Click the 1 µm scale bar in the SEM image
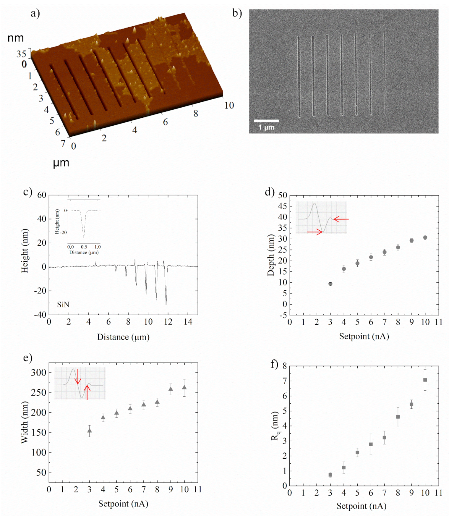pos(266,121)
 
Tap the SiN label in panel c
pos(63,305)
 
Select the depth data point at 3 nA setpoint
pos(330,284)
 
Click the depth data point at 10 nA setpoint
pos(425,237)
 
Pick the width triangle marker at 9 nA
pos(171,389)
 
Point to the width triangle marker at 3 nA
pos(89,431)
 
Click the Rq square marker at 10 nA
pos(425,380)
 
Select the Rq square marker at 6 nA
pos(371,444)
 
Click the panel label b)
pos(237,13)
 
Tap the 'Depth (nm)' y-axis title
pos(270,255)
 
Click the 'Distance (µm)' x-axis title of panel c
pos(123,337)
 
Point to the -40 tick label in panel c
pos(40,315)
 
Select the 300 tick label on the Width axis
pos(39,373)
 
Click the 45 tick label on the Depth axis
pos(282,206)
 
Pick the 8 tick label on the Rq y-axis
pos(284,366)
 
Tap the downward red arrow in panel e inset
pos(78,377)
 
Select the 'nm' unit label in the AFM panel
pos(15,38)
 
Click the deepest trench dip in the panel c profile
pos(166,304)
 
